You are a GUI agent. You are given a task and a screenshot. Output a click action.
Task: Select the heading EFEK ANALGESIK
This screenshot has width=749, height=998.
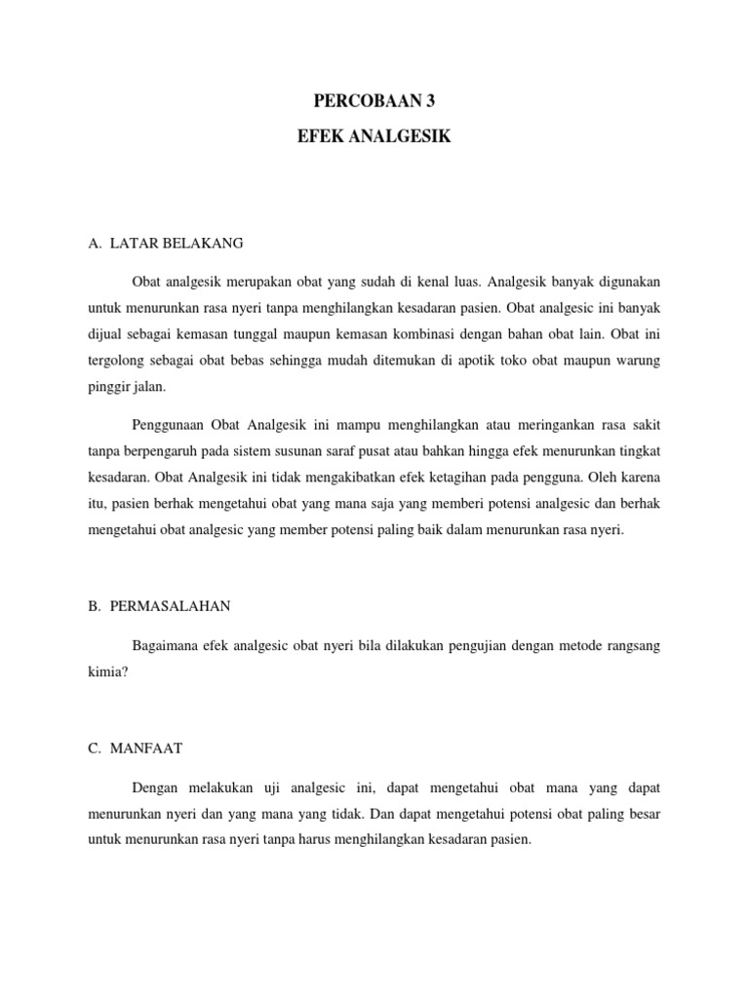(x=374, y=137)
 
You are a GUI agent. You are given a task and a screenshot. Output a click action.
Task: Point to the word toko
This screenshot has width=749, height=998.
(x=544, y=361)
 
